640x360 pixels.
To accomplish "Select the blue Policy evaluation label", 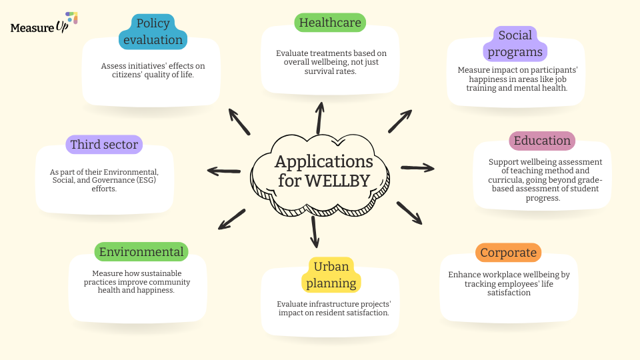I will click(x=153, y=31).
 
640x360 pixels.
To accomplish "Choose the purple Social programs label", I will click(x=515, y=43).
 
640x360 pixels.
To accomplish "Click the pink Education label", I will click(x=542, y=141).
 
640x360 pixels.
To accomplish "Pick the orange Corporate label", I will click(x=508, y=253).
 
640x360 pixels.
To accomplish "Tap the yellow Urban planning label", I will click(x=331, y=275).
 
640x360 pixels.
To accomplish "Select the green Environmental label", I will click(x=141, y=252).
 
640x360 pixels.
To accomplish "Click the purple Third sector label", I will click(x=104, y=145).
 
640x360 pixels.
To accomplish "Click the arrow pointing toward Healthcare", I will click(x=320, y=117).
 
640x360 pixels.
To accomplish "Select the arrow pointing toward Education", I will click(x=417, y=167).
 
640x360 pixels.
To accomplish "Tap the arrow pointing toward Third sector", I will click(x=224, y=171).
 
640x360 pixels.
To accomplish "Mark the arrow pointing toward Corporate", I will click(x=409, y=213).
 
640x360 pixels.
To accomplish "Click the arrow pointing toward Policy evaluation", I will click(x=239, y=121).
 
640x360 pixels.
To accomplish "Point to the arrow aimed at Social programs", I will click(x=401, y=121).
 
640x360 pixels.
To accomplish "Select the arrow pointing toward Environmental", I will click(x=232, y=219).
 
